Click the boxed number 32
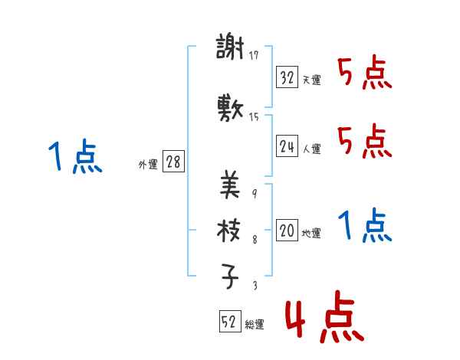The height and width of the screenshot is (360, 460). [x=287, y=77]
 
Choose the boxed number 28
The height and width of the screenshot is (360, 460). [x=173, y=162]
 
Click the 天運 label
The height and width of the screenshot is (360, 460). [x=311, y=80]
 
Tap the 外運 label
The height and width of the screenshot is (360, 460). [x=147, y=165]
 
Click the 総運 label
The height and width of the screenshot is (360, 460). [x=255, y=325]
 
